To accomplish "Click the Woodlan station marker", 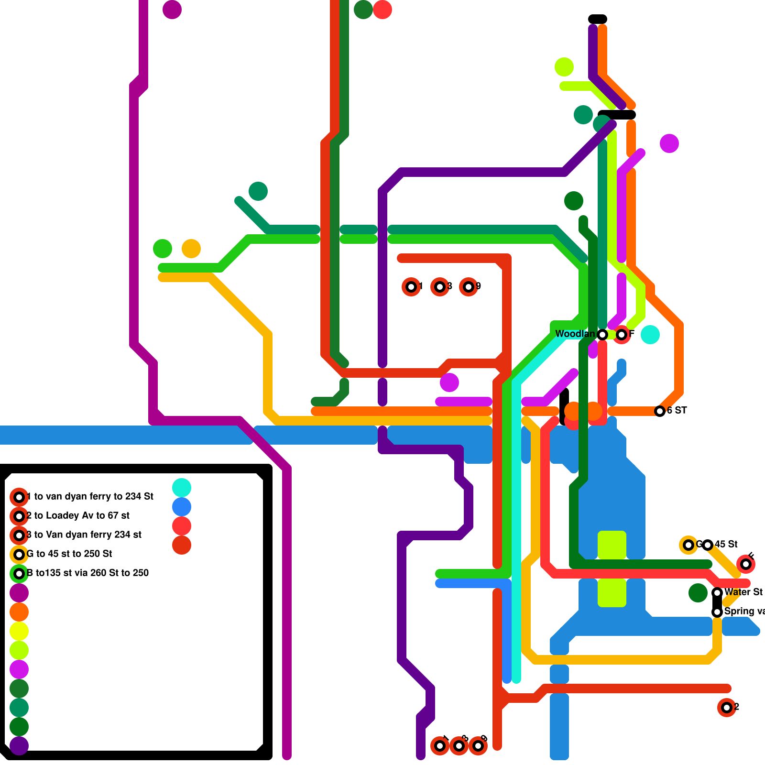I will [602, 335].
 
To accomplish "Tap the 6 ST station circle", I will [660, 411].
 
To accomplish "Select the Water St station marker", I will [717, 593].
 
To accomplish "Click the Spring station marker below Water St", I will [717, 612].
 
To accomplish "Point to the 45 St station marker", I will [708, 545].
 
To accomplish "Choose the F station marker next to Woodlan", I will [622, 335].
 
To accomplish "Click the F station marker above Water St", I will [746, 564].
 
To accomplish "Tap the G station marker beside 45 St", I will [688, 545].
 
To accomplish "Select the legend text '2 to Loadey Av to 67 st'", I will [78, 515].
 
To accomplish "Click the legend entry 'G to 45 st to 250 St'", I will [69, 554].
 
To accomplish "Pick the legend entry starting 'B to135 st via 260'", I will [88, 573].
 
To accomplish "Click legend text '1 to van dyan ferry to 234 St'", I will [90, 496].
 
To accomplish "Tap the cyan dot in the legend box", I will [182, 488].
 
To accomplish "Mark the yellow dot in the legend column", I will [19, 631].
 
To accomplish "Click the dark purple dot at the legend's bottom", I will [19, 746].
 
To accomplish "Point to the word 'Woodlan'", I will [575, 334].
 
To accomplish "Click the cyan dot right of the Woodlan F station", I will [650, 335].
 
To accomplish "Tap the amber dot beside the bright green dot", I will [191, 249].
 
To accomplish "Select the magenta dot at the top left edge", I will [172, 10].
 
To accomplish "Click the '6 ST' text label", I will [677, 410].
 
